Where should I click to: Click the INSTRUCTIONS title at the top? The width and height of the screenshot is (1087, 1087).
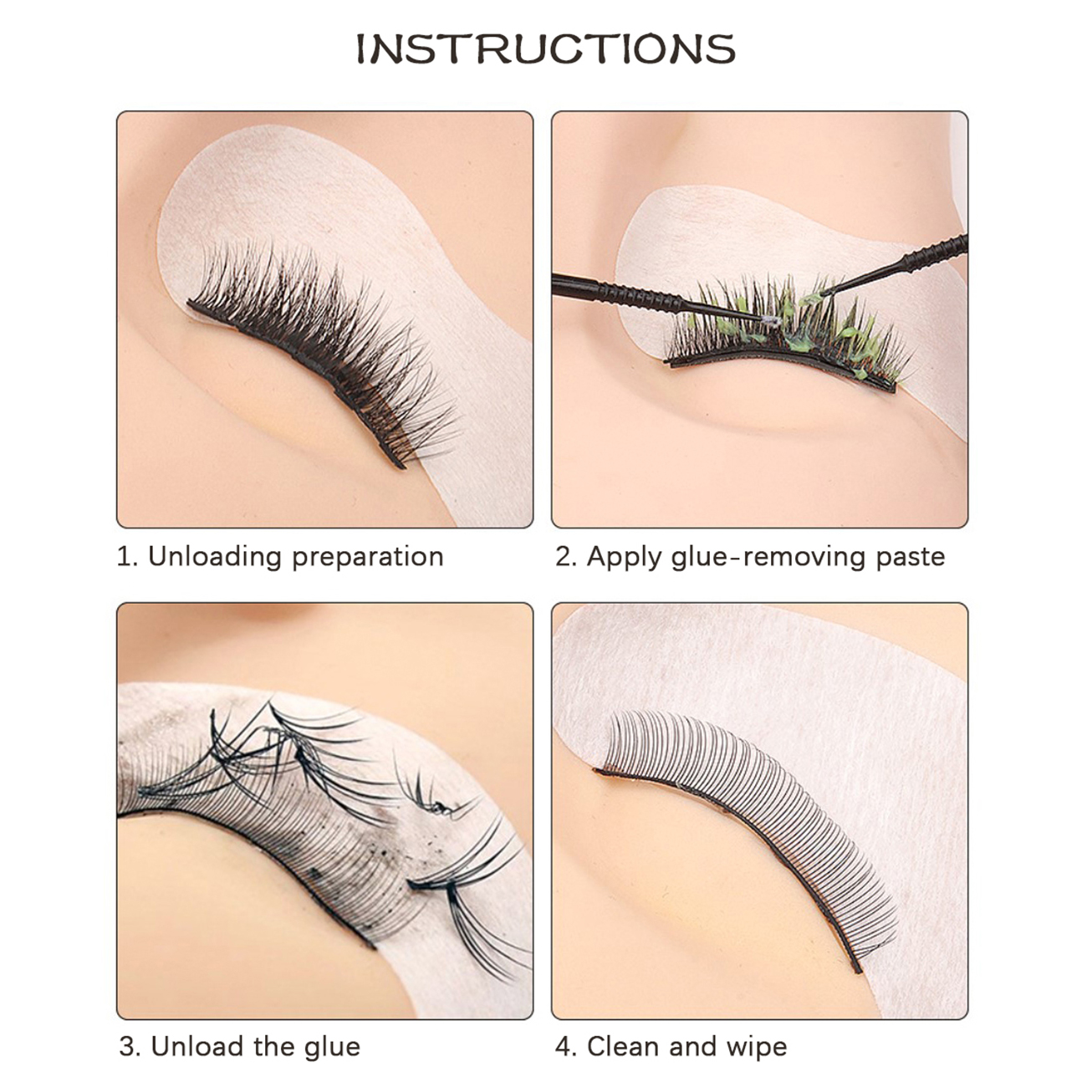(546, 49)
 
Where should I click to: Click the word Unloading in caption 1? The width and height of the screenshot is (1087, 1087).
(215, 558)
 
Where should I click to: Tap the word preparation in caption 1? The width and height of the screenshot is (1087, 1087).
(368, 558)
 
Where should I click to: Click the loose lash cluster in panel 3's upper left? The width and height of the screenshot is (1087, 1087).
(248, 745)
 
